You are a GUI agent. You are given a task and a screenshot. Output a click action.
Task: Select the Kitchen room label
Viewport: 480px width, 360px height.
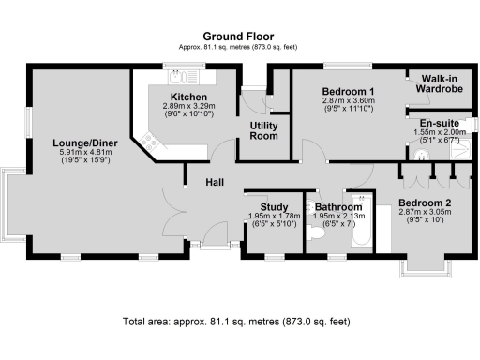point(188,97)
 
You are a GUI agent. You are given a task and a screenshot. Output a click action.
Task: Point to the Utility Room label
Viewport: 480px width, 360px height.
point(263,130)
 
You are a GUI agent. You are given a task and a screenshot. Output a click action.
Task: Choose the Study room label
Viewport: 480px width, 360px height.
point(273,206)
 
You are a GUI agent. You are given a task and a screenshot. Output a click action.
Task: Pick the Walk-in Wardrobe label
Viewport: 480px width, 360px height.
point(440,84)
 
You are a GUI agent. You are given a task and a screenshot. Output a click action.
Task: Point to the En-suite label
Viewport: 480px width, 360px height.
point(438,122)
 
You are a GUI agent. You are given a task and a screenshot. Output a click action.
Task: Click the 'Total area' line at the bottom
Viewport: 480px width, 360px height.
point(236,322)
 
